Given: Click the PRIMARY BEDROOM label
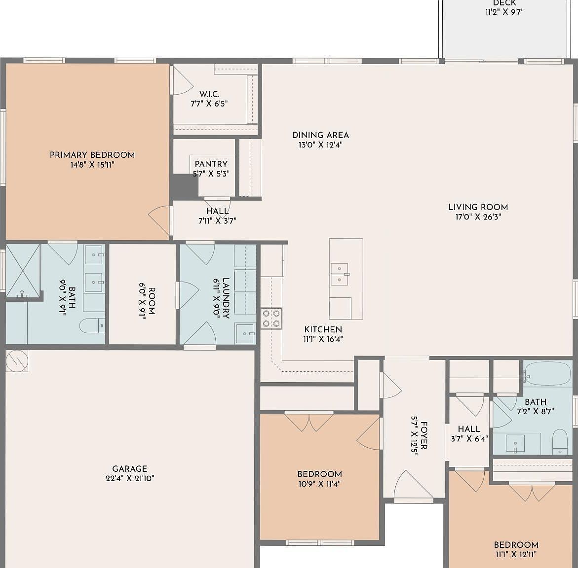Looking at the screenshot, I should pos(92,155).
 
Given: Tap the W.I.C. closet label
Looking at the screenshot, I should pos(209,94).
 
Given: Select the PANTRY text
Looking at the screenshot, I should pos(211,164).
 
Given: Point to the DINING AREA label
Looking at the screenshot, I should pos(320,135).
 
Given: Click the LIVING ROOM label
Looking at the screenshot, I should pos(478,207).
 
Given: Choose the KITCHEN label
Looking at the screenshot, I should pos(323,329).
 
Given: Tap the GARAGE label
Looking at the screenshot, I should pos(129,469).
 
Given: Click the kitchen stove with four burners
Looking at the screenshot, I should pos(271,318).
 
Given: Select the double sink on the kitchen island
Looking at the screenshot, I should pos(340,274).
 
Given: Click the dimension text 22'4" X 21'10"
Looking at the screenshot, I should pos(129,478).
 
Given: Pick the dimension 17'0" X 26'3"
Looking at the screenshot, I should pos(478,217).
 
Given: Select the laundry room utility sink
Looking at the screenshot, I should pos(245,333).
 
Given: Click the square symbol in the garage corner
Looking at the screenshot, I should pos(17,361).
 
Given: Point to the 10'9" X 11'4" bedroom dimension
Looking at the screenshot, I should pos(319,484).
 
